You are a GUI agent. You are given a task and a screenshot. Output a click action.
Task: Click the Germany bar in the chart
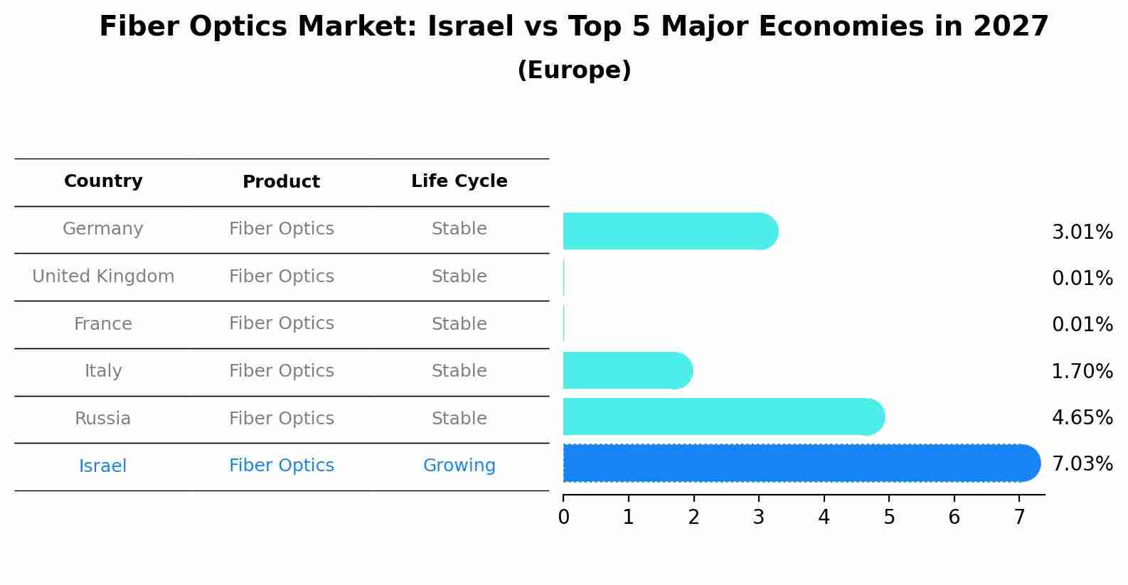point(669,231)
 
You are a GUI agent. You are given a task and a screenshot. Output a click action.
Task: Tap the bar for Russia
point(722,417)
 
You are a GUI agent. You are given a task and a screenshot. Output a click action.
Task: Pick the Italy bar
point(626,370)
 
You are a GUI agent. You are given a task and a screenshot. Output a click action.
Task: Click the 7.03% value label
point(1082,464)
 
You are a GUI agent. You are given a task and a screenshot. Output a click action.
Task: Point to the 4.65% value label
point(1082,417)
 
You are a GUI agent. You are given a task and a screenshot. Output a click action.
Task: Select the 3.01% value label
point(1082,232)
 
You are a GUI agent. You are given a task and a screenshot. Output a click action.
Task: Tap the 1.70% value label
point(1082,371)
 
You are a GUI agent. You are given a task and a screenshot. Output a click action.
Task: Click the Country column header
point(103,181)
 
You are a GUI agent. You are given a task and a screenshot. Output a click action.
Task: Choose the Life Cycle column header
point(459,181)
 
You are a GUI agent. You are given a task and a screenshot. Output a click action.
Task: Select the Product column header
point(281,182)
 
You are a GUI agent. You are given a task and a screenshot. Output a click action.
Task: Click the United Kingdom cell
point(103,277)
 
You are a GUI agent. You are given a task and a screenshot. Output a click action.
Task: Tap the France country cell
point(103,324)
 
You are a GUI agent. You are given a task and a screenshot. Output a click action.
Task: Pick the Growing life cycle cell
point(459,466)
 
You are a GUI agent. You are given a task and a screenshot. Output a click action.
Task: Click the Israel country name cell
point(103,466)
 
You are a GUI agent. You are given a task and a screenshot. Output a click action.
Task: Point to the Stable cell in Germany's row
point(459,229)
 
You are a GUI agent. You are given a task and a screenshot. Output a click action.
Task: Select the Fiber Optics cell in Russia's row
point(281,419)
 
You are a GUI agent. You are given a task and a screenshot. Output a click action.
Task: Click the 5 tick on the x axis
point(889,517)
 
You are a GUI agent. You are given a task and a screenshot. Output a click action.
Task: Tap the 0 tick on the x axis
point(563,517)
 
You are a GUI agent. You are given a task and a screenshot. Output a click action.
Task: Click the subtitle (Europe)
point(574,70)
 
